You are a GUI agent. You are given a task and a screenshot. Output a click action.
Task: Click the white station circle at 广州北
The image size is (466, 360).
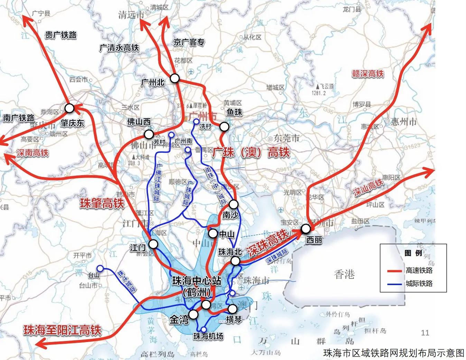(x=175, y=78)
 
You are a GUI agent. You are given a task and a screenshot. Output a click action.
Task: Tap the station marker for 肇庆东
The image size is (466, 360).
(x=69, y=108)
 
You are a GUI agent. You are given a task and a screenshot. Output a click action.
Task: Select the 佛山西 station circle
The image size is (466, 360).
(x=149, y=134)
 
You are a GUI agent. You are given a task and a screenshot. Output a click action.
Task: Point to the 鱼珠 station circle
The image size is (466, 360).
(x=224, y=127)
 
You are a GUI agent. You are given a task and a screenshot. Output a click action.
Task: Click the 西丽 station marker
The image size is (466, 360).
(x=306, y=229)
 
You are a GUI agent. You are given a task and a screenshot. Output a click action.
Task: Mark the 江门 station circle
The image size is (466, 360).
(x=153, y=244)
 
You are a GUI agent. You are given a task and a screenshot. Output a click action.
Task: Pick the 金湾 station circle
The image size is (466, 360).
(x=194, y=314)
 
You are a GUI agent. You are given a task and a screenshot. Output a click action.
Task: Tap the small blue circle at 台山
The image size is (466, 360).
(x=100, y=268)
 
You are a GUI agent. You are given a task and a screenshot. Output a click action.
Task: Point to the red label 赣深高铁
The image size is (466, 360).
(x=368, y=73)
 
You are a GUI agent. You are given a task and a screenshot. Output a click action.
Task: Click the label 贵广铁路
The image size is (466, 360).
(x=61, y=35)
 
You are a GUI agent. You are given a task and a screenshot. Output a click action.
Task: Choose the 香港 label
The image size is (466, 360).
(x=344, y=275)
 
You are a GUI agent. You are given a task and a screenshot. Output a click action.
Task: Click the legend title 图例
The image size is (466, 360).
(x=413, y=253)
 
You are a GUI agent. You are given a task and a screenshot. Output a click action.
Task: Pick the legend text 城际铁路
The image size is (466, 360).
(x=419, y=284)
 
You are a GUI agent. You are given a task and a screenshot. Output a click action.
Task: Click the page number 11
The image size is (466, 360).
(x=425, y=333)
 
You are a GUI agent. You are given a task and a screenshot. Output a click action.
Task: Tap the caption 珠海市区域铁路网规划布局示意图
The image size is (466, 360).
(x=393, y=353)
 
